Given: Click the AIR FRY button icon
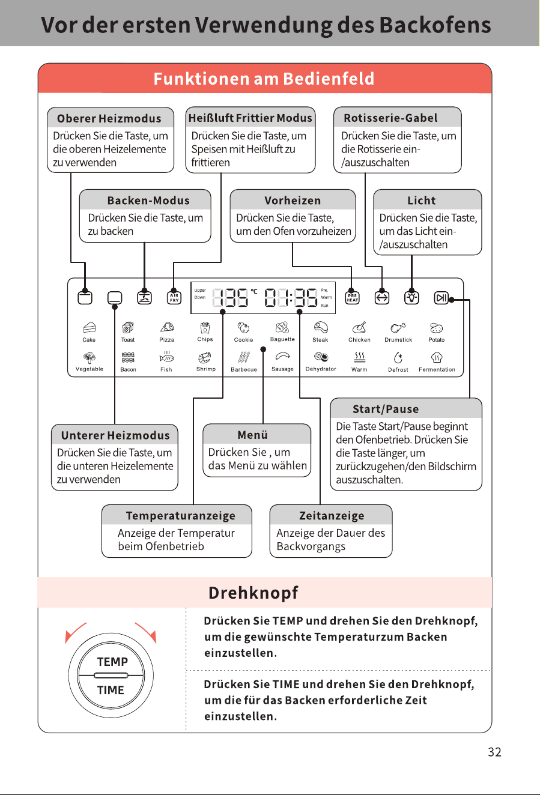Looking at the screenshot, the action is point(174,298).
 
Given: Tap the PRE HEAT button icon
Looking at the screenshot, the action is point(352,298).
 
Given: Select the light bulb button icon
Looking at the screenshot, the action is point(411,298).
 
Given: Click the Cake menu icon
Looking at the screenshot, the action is point(89,327).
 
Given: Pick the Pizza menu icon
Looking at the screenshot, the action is point(167,327).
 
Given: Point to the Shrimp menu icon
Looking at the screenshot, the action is point(205,357).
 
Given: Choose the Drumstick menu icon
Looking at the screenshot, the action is point(398,328).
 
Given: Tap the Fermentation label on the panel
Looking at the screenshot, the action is point(437,369).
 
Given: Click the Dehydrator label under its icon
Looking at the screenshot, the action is point(321,369).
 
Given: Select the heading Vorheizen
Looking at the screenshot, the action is point(293,201).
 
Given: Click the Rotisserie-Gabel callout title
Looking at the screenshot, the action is point(390,118).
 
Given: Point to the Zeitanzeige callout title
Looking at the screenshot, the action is point(332,516).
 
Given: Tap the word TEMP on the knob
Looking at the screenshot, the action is point(112,662).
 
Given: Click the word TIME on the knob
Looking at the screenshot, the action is point(111,690).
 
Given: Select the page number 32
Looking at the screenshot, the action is point(494,752).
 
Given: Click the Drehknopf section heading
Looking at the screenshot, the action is point(253,593).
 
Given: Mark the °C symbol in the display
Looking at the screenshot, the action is point(254,291).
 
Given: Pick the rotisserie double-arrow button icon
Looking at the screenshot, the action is point(381,298).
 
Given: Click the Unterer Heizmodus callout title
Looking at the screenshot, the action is point(115,435).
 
